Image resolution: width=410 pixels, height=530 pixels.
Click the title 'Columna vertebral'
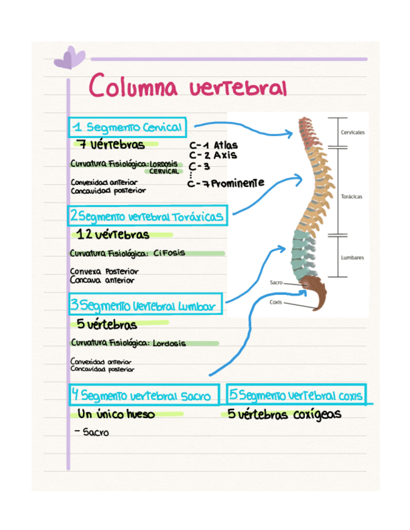(187, 86)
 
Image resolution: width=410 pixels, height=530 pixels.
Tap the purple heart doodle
(69, 59)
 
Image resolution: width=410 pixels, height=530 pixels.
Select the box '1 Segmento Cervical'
(127, 127)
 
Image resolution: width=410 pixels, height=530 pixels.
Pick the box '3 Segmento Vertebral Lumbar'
(145, 306)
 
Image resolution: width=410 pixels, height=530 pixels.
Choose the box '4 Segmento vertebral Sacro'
(144, 395)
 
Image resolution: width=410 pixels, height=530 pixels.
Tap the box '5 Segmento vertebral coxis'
(297, 395)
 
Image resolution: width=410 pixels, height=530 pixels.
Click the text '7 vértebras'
(112, 145)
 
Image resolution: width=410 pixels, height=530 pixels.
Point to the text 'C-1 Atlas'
(213, 145)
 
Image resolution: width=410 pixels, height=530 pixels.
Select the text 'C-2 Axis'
(212, 155)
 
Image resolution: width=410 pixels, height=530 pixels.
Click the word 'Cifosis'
(168, 253)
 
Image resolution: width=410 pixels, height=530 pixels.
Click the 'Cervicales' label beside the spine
(353, 133)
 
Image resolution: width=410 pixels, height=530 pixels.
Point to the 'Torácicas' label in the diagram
(352, 196)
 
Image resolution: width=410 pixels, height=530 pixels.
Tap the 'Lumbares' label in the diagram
(352, 257)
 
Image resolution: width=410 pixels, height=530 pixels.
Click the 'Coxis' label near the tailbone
(275, 302)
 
